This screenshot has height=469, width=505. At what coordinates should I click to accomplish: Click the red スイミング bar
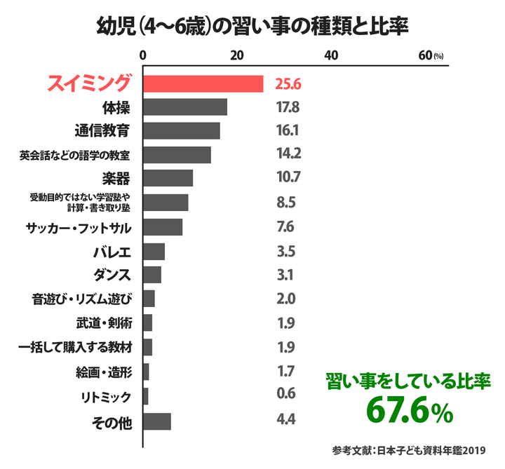point(203,83)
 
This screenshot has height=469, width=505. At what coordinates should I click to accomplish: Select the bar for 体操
point(185,107)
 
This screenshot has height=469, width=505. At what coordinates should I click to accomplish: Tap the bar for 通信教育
point(182,131)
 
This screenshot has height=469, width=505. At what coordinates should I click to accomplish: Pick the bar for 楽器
point(168,178)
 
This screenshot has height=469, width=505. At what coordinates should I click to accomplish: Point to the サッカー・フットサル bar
point(163,227)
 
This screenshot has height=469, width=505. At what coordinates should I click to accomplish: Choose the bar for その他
point(157,421)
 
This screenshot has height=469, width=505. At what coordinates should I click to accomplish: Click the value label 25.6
point(288,84)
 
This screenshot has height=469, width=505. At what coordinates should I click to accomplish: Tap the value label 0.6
point(286,393)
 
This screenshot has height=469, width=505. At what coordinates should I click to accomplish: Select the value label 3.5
point(286,251)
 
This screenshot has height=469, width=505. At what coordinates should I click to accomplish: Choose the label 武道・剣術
point(103,323)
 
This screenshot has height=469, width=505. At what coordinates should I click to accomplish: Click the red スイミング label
point(88,83)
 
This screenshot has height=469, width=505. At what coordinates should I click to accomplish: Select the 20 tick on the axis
point(237,56)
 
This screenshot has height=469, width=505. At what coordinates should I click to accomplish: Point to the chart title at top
point(252,26)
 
